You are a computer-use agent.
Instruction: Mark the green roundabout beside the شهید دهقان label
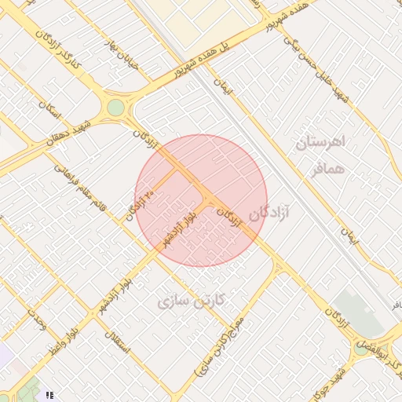[116, 107]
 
